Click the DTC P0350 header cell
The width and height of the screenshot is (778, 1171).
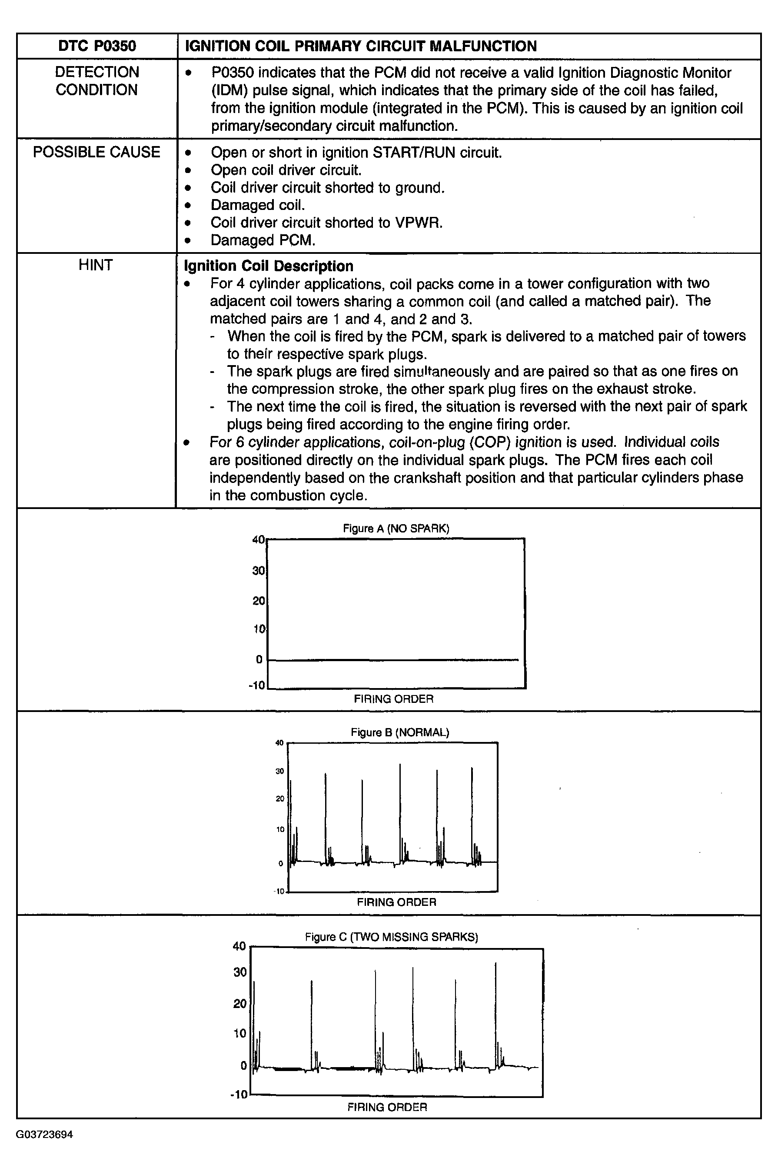click(x=97, y=46)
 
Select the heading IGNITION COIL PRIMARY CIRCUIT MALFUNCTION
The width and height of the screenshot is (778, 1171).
click(x=361, y=46)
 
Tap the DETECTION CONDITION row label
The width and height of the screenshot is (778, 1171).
click(x=97, y=81)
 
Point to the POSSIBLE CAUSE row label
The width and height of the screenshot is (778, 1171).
click(x=97, y=152)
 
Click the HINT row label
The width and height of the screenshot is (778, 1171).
click(x=96, y=265)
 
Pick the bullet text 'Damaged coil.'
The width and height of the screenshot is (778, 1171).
click(x=257, y=205)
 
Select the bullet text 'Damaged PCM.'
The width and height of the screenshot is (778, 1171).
click(x=263, y=240)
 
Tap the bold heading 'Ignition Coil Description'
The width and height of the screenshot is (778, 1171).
click(x=269, y=266)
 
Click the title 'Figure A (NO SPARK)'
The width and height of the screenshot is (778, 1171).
click(x=396, y=529)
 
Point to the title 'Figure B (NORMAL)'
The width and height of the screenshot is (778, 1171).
click(x=399, y=732)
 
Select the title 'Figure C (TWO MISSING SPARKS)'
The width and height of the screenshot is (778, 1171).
click(x=391, y=937)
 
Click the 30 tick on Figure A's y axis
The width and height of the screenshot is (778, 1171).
click(x=259, y=571)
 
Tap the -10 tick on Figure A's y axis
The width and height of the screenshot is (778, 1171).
click(x=256, y=686)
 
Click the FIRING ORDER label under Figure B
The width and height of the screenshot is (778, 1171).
click(x=396, y=902)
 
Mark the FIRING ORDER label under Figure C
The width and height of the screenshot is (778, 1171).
click(x=387, y=1107)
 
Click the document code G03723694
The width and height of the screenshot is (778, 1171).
click(x=44, y=1135)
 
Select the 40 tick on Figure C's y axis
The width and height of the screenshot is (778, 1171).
click(x=239, y=946)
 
